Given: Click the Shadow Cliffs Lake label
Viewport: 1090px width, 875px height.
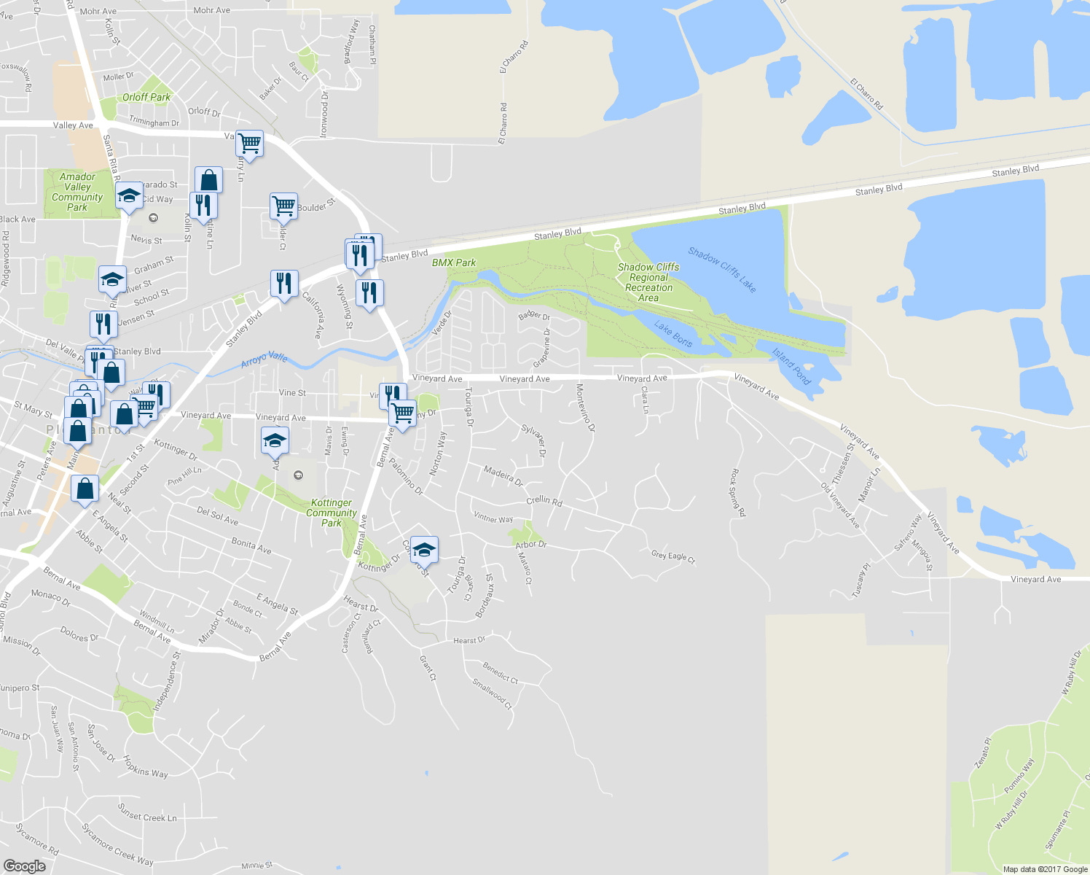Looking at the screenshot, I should [722, 270].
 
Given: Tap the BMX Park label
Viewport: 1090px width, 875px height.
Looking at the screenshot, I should [453, 262].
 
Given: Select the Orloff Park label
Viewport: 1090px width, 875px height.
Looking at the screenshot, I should [146, 97].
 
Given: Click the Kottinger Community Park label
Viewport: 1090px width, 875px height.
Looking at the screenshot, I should [332, 513].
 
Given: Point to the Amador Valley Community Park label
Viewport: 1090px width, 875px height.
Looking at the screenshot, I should [77, 192].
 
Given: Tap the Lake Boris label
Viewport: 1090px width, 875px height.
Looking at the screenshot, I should [673, 334].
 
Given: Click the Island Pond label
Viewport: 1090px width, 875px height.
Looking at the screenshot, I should [791, 367].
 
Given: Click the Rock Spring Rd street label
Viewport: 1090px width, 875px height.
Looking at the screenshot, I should [738, 493].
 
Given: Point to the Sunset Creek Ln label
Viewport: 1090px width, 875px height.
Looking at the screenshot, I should [147, 813].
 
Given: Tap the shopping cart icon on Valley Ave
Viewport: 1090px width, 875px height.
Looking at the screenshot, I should [250, 144].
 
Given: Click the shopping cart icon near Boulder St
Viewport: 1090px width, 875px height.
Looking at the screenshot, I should [283, 206].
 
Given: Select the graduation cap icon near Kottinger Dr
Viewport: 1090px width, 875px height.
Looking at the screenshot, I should [424, 550].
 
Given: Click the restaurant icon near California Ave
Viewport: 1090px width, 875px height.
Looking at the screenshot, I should [284, 283].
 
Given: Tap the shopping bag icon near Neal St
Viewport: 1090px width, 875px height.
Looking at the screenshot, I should [85, 487].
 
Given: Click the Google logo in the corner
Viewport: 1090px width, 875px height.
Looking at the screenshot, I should [24, 866].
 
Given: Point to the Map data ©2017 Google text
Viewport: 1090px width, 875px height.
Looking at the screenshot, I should [1045, 869].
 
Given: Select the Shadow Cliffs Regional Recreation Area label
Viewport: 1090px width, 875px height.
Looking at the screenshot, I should [648, 282].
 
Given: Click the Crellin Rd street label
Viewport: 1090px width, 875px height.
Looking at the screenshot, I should [544, 502].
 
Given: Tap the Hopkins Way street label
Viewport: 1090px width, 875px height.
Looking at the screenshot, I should [146, 766].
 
